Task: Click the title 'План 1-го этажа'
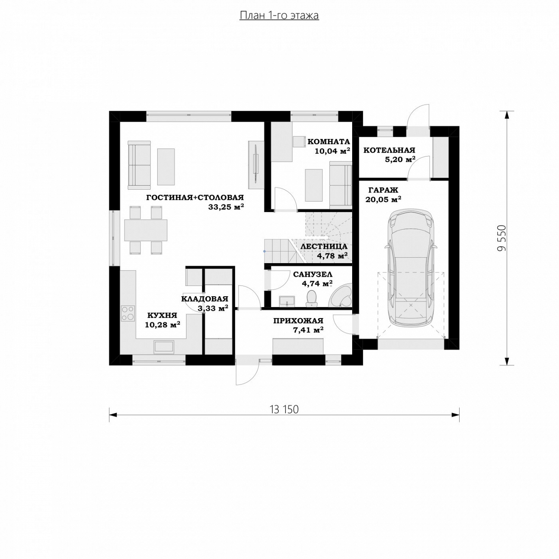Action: point(279,15)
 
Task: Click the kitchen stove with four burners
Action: point(128,313)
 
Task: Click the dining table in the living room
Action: point(146,230)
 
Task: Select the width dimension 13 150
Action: point(284,409)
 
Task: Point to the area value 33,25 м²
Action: point(226,207)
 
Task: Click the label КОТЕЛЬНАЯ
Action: point(389,150)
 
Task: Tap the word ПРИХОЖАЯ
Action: point(298,320)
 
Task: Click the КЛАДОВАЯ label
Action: point(205,298)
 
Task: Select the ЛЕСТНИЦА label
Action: point(324,246)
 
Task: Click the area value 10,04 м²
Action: point(332,150)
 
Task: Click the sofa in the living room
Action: point(139,165)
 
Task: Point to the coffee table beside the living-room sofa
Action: point(166,166)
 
